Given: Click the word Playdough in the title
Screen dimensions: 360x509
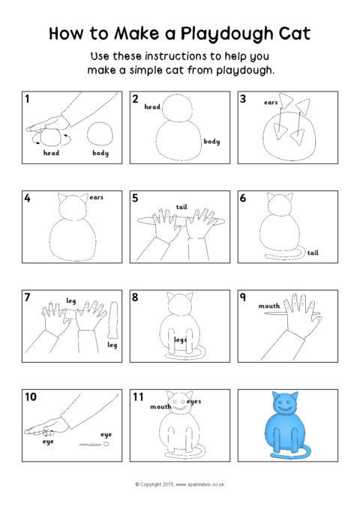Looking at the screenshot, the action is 226,34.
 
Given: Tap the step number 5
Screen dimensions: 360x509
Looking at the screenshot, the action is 135,198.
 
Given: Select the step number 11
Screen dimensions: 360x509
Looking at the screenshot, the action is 138,397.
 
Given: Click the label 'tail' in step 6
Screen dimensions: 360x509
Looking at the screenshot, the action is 313,253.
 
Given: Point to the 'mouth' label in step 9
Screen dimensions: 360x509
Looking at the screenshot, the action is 269,306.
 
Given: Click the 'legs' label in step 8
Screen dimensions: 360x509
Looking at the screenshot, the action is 180,340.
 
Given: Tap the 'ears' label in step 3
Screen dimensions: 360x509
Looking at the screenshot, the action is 271,102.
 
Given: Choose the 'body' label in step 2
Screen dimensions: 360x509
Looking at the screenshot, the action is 211,141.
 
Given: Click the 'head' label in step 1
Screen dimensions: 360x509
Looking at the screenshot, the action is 51,153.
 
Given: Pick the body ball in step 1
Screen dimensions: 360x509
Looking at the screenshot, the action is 100,133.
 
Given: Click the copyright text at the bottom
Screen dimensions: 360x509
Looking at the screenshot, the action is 180,484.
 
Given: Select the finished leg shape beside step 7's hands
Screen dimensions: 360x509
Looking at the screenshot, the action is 113,320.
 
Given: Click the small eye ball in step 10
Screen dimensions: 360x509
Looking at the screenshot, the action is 106,444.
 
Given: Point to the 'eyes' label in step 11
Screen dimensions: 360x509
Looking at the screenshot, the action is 193,402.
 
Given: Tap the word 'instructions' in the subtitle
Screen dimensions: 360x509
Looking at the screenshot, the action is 175,56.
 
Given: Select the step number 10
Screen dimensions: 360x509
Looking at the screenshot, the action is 31,397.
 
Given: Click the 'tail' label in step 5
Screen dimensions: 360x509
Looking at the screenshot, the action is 181,207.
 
